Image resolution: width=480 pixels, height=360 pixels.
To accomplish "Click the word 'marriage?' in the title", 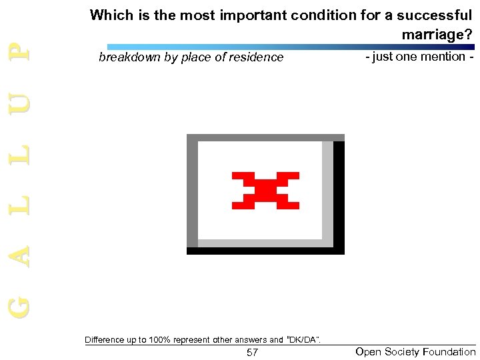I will point(437,33).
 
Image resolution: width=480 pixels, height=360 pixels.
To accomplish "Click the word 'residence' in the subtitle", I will point(257,57).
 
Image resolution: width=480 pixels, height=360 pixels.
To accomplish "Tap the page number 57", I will point(252,352).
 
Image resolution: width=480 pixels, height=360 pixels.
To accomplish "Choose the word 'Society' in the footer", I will point(400,351).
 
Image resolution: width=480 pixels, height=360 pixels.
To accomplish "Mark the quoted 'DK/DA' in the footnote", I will point(303,340).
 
